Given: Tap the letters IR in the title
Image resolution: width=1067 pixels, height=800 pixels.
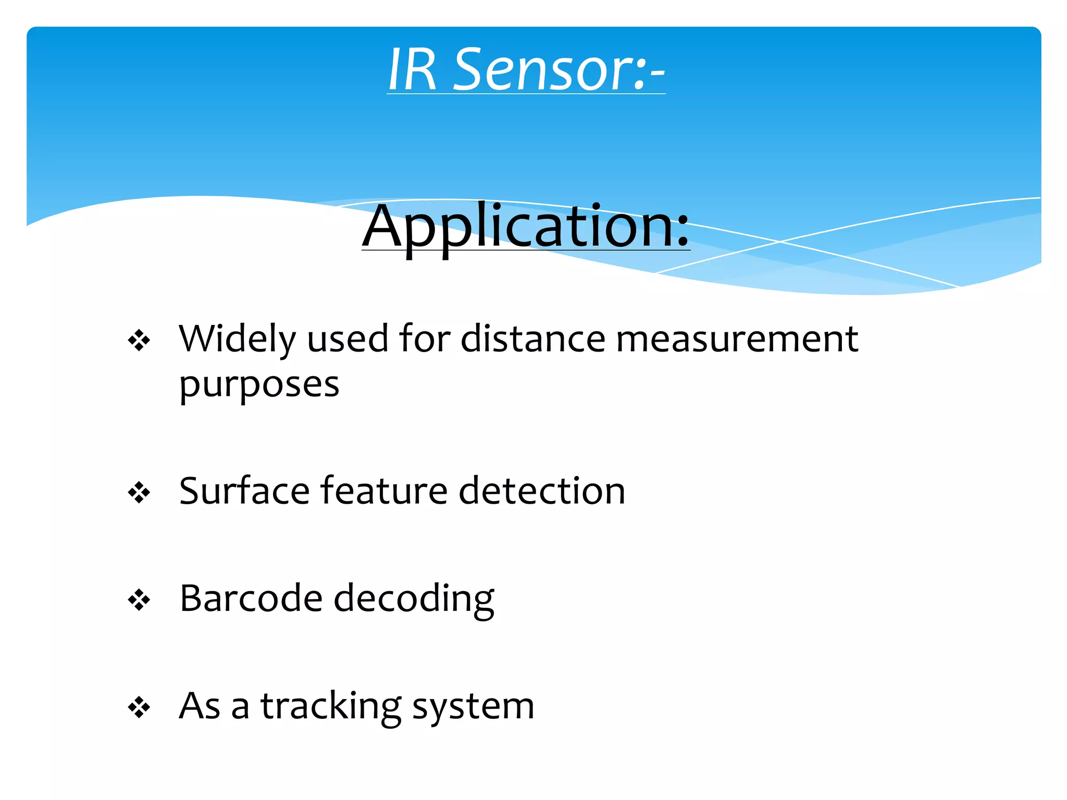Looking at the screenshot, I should [x=412, y=70].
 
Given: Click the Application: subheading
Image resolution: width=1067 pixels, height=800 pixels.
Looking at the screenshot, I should [x=526, y=227].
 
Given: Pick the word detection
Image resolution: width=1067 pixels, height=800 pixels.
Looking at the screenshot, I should [x=542, y=491].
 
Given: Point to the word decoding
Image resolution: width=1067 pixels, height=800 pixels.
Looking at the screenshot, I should [x=414, y=599].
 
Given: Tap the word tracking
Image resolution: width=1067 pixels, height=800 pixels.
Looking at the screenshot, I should [x=331, y=707].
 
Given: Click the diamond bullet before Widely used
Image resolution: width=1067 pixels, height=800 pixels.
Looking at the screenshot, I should [x=139, y=341].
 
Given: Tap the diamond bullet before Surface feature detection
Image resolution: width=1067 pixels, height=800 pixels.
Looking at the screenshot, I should [x=139, y=493].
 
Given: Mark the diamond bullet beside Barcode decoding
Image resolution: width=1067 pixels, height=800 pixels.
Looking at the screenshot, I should [x=139, y=600].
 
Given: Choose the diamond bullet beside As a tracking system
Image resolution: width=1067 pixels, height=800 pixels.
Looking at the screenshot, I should [x=139, y=708].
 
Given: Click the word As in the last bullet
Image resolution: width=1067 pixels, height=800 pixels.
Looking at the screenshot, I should [x=200, y=706].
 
